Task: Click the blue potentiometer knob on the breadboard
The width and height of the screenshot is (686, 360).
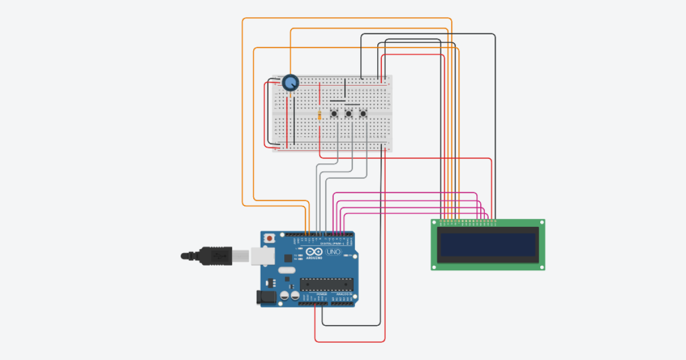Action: coord(290,83)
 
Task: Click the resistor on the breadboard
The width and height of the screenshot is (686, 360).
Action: coord(319,116)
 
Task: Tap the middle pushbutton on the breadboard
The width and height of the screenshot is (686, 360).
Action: coord(348,115)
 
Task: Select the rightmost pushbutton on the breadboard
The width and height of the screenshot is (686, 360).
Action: coord(363,115)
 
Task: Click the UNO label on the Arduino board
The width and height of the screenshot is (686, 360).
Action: coord(333,252)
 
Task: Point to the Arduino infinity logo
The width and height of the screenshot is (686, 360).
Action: coord(314,252)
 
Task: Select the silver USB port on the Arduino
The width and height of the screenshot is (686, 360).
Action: coord(260,257)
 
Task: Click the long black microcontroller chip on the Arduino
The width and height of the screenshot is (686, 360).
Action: coord(326,283)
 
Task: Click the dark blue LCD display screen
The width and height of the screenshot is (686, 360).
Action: coord(488,244)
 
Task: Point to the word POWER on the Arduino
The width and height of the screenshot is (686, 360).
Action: coord(313,294)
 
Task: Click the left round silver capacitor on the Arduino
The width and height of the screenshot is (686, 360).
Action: coord(284,296)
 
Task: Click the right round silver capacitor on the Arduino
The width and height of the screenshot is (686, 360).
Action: coord(294,296)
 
